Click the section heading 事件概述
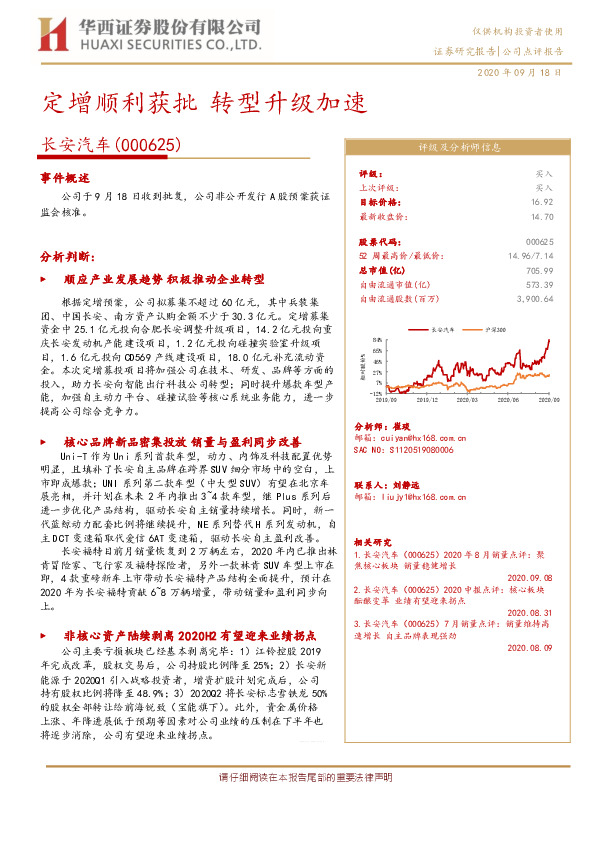point(65,176)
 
